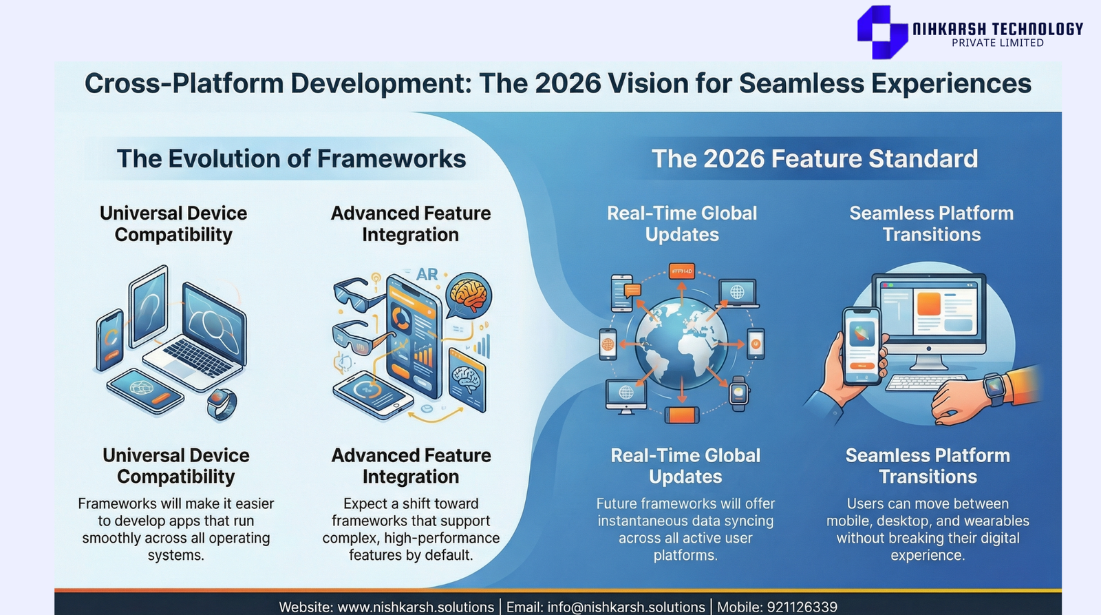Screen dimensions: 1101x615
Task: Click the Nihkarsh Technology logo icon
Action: coord(881,32)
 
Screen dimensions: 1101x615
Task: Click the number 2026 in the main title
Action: coord(568,83)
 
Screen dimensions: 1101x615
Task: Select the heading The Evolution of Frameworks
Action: coord(291,159)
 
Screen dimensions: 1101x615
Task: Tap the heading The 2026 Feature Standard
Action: coord(815,159)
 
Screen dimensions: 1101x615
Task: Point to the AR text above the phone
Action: coord(427,274)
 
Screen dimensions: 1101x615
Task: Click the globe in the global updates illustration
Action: coord(681,343)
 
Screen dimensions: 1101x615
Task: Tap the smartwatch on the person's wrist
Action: coord(995,388)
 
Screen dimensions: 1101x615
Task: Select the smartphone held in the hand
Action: coord(862,346)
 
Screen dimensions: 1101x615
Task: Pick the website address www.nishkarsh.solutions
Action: coord(416,607)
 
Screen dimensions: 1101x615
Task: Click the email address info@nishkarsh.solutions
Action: coord(626,607)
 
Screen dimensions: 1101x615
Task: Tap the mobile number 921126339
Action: coord(802,607)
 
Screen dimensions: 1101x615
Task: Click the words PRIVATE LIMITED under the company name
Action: coord(997,43)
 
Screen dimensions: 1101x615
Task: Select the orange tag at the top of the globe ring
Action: coord(682,271)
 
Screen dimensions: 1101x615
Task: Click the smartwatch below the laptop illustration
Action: coord(222,404)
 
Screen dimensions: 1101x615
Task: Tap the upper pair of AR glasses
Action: coord(357,293)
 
